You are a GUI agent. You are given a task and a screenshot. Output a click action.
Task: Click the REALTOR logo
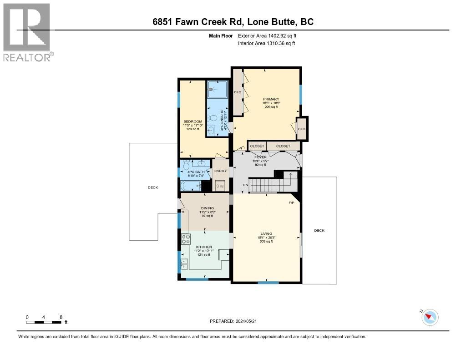pyautogui.click(x=28, y=32)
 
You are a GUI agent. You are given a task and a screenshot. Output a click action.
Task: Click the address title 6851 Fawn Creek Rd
pyautogui.click(x=233, y=22)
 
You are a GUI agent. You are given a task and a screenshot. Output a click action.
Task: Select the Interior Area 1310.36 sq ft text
pyautogui.click(x=266, y=43)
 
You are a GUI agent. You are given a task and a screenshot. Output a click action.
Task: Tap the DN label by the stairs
pyautogui.click(x=245, y=185)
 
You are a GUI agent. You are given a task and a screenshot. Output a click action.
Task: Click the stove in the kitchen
pyautogui.click(x=186, y=238)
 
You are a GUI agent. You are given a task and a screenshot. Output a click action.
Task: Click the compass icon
pyautogui.click(x=430, y=317)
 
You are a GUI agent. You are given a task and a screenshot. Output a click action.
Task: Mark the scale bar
pyautogui.click(x=44, y=322)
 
